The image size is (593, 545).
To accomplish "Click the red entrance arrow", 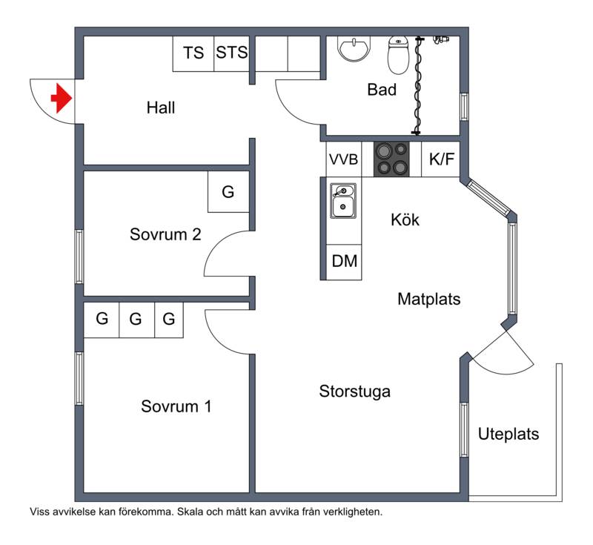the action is [x=62, y=98].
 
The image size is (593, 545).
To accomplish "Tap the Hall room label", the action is [x=161, y=108].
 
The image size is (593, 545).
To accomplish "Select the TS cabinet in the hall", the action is [x=193, y=53].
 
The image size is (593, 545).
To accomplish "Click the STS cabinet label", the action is [x=232, y=53].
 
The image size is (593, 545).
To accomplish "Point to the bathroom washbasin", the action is [x=354, y=49].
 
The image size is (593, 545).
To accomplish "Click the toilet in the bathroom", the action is [x=398, y=55].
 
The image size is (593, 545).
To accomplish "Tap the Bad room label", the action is [x=382, y=90].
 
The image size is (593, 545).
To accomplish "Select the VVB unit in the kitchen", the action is [x=343, y=159].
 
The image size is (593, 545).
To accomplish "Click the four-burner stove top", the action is [x=391, y=159].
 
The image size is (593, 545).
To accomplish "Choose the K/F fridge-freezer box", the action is [x=441, y=159].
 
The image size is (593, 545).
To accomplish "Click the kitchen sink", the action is [x=343, y=201].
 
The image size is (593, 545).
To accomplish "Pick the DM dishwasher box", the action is [x=344, y=262].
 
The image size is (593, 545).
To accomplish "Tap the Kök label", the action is [x=405, y=219].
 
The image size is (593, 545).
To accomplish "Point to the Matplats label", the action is [x=429, y=299].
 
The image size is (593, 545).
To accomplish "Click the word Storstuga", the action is [x=355, y=392].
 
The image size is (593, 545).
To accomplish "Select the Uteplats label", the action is [x=508, y=435].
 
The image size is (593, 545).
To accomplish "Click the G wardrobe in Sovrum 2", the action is [x=228, y=192].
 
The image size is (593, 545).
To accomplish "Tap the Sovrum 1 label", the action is [x=176, y=406].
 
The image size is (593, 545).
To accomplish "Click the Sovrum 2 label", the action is [x=165, y=234].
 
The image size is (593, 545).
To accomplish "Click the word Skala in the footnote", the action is [x=189, y=512].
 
